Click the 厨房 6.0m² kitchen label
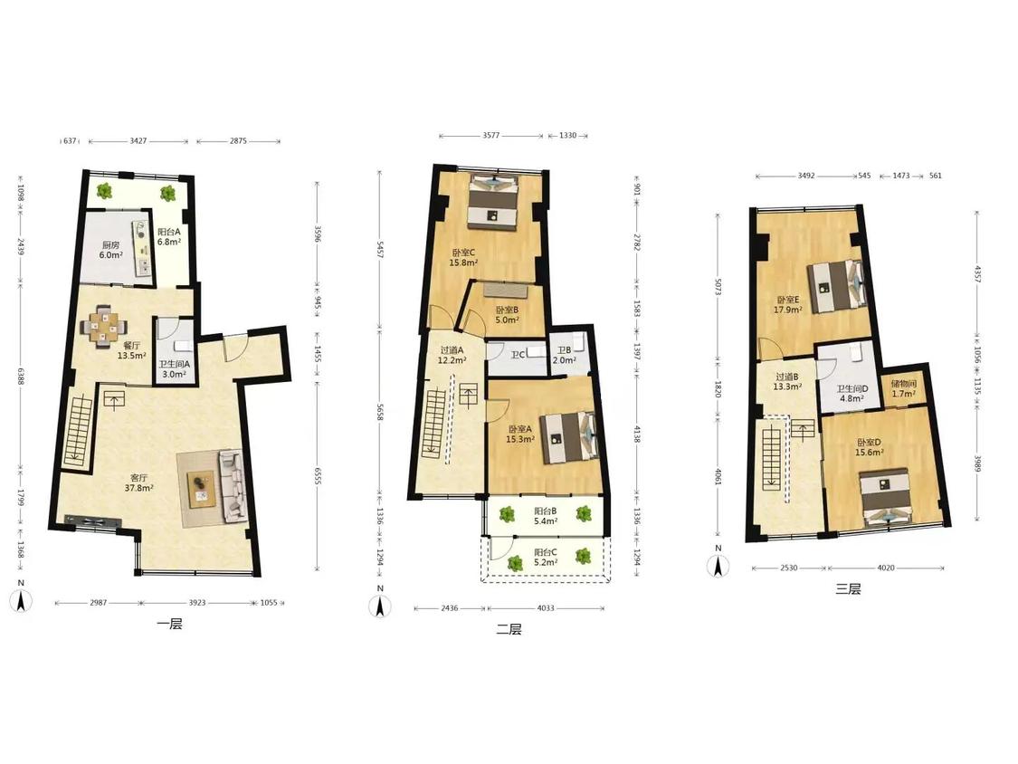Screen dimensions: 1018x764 (x=110, y=250)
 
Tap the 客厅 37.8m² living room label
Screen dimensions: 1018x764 (x=139, y=482)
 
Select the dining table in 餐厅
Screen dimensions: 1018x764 (x=103, y=326)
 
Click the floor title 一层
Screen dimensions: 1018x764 (x=169, y=625)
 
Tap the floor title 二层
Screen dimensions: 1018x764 (x=509, y=629)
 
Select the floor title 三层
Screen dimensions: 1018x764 (x=848, y=589)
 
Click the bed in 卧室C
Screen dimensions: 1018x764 (x=494, y=202)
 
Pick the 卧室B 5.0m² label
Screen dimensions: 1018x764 (x=507, y=315)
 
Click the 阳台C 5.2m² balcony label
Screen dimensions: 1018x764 (x=546, y=558)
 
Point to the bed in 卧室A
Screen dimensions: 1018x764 (x=569, y=437)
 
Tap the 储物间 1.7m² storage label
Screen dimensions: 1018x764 (x=904, y=388)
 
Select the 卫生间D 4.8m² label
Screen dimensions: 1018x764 (x=852, y=394)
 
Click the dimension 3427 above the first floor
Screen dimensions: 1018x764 (x=138, y=140)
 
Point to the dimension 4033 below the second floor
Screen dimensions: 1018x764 (x=546, y=608)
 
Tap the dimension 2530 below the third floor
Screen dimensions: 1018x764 (x=789, y=568)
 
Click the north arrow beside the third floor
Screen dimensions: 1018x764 (x=718, y=563)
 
